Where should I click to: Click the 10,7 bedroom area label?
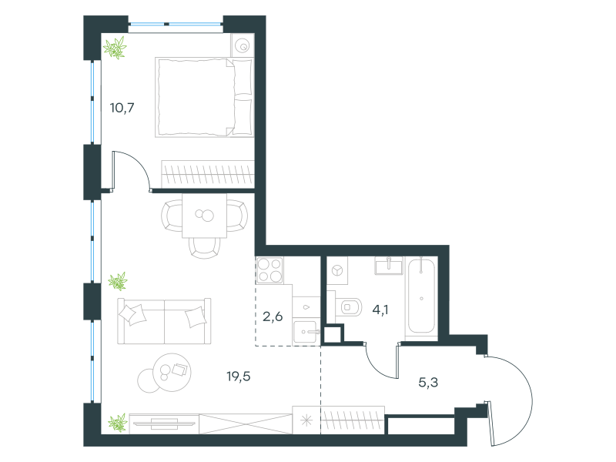pos(122,108)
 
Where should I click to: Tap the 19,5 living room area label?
pos(239,377)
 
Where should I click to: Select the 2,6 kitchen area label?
pos(273,316)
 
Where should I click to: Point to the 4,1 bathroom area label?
pos(380,310)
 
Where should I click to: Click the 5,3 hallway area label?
pos(428,382)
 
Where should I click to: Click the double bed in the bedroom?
pos(204,98)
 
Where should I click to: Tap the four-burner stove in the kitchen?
pos(269,270)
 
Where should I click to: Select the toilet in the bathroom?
pos(349,306)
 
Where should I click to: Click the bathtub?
pos(421,296)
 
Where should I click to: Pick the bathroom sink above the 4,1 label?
pos(389,266)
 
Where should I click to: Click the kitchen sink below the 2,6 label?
pos(306,332)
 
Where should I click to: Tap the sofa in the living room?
pos(164,321)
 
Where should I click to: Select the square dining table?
pos(204,216)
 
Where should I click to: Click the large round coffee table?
pos(172,372)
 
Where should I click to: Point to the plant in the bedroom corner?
pos(115,48)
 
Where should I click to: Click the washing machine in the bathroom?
pos(337,271)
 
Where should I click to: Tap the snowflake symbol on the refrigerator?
pos(306,420)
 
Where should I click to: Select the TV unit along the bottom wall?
pos(164,423)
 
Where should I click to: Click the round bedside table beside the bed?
pos(243,45)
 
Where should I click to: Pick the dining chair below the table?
pos(204,248)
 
